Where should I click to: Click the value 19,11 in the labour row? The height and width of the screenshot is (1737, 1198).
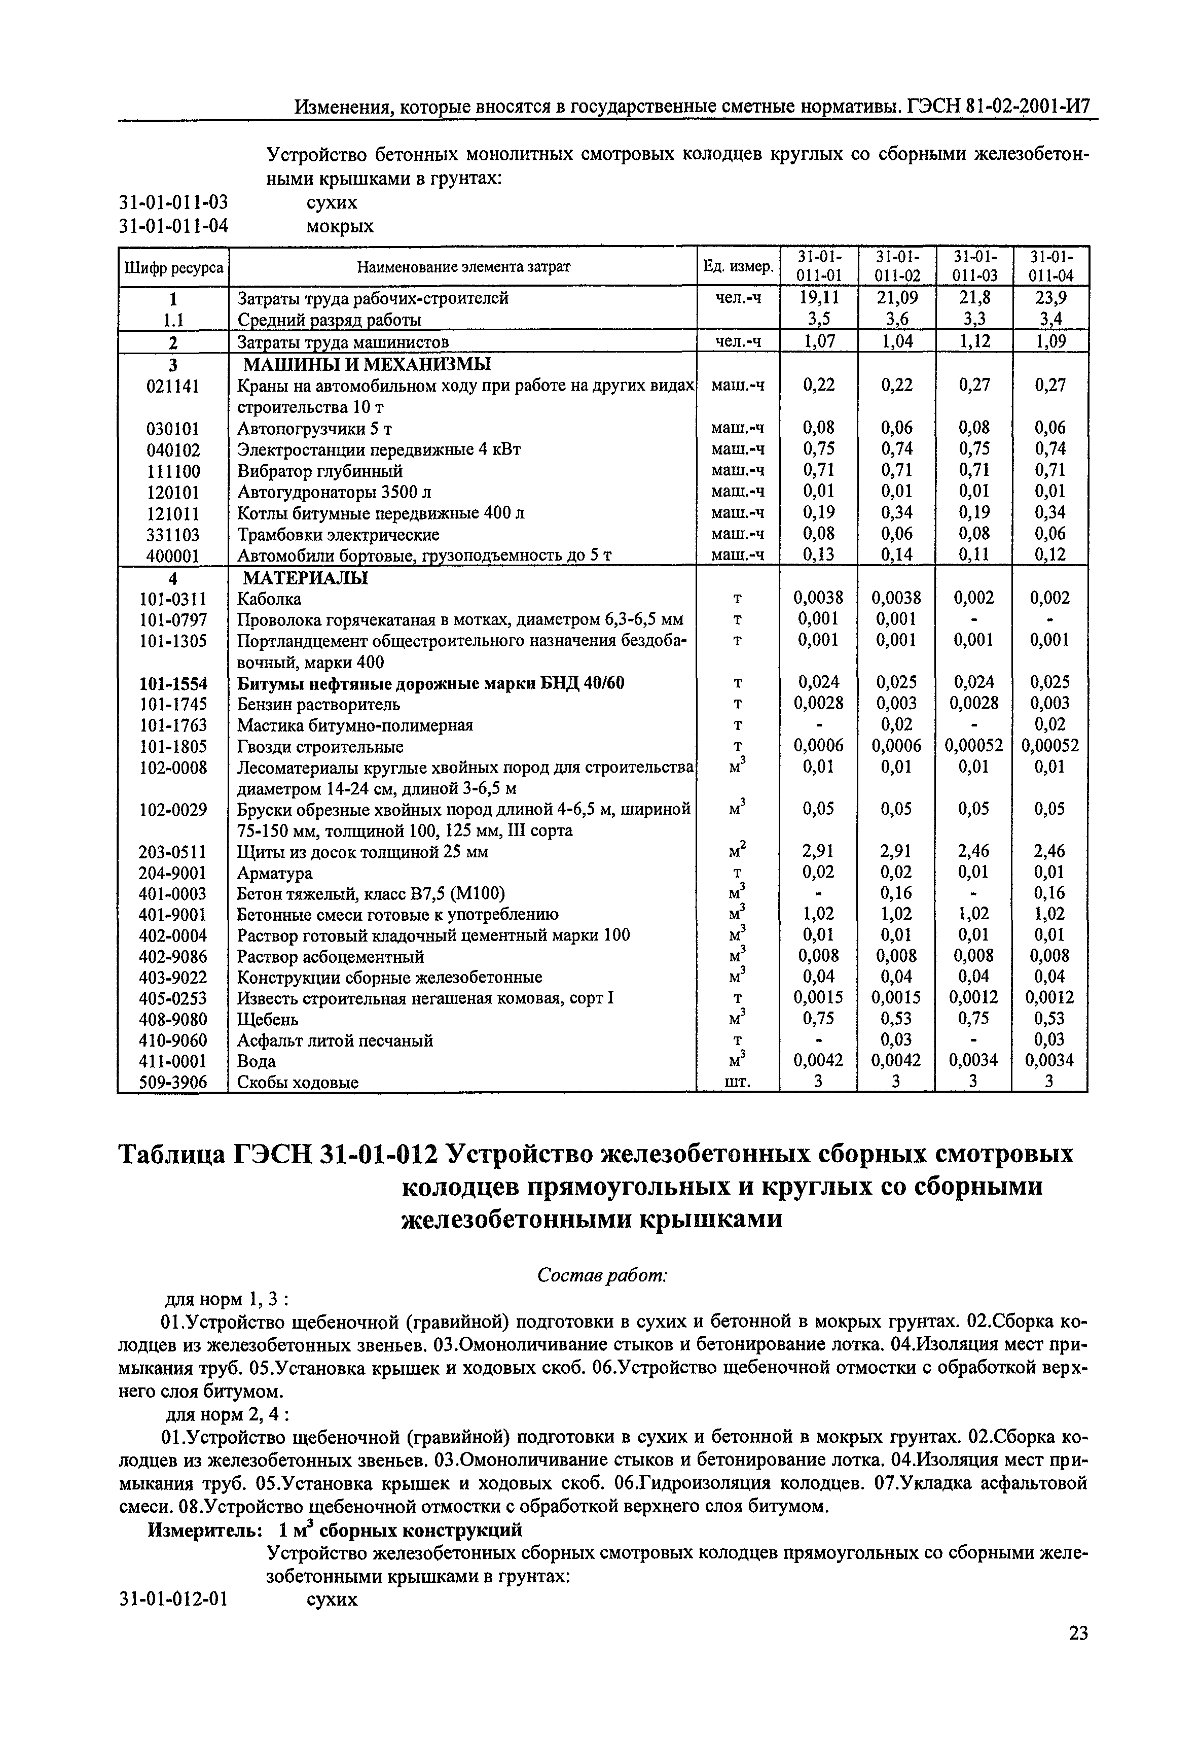[x=819, y=298]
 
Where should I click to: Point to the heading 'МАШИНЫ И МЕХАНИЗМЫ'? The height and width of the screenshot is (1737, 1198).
[x=366, y=365]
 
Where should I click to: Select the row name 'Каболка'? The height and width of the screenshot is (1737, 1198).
[x=270, y=599]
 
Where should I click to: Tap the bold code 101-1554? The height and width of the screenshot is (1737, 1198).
[x=173, y=683]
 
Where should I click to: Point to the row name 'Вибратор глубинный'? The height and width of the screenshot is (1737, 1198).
[x=320, y=471]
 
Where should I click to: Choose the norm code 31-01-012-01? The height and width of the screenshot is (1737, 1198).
[x=173, y=1599]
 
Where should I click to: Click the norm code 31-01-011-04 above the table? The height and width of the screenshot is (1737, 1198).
[x=173, y=226]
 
